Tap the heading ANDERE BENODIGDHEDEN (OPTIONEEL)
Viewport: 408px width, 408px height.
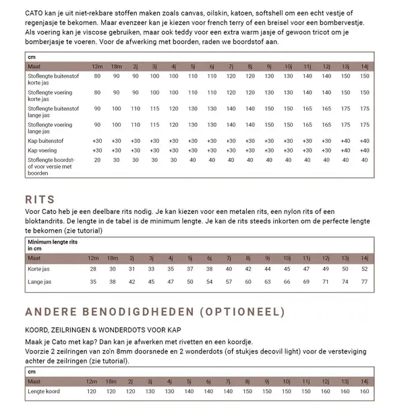coord(155,312)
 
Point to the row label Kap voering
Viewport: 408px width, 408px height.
coord(42,150)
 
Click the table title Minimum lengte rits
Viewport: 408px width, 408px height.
coord(53,241)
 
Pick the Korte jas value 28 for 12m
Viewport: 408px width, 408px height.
coord(94,268)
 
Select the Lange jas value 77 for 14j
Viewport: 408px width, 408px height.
coord(365,281)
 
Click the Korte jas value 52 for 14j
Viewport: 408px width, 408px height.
coord(365,268)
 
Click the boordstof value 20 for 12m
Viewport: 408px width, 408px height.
coord(98,160)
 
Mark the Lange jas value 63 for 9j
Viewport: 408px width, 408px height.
coord(268,281)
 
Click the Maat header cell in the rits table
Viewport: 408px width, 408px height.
coord(34,258)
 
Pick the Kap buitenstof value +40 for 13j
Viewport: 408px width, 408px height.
coord(345,140)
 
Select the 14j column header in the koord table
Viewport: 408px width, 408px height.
coord(365,381)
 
